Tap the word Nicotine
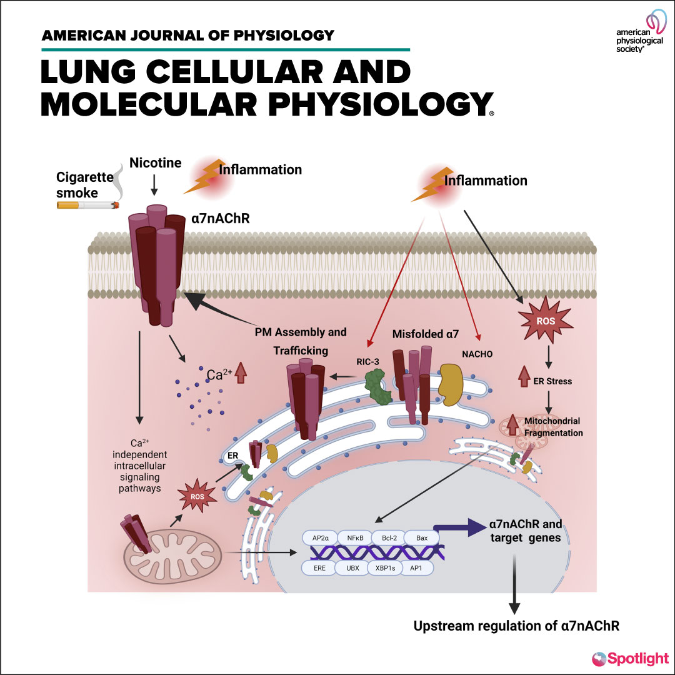pyautogui.click(x=156, y=163)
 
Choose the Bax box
pyautogui.click(x=418, y=537)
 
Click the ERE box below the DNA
pyautogui.click(x=319, y=567)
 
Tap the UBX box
pyautogui.click(x=352, y=567)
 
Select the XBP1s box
pyautogui.click(x=384, y=567)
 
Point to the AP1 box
pyautogui.click(x=416, y=567)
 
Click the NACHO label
pyautogui.click(x=477, y=354)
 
